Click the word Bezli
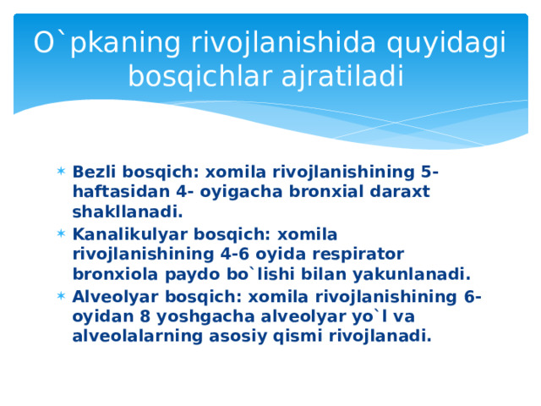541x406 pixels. (94, 173)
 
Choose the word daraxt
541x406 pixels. (398, 192)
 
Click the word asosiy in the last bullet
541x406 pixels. (236, 336)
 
